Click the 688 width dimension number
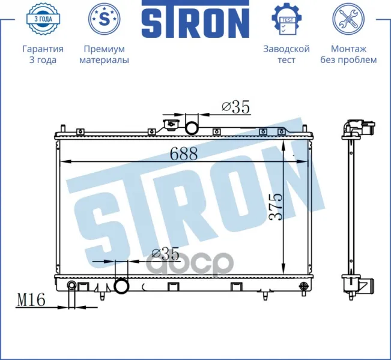pos(184,154)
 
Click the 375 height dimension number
pos(276,206)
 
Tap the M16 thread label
pos(31,299)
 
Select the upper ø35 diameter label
pos(235,107)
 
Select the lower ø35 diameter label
pos(165,254)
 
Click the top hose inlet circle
pos(192,128)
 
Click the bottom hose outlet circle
pos(121,286)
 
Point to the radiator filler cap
pos(170,124)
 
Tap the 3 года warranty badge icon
pos(43,19)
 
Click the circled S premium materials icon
pos(105,19)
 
